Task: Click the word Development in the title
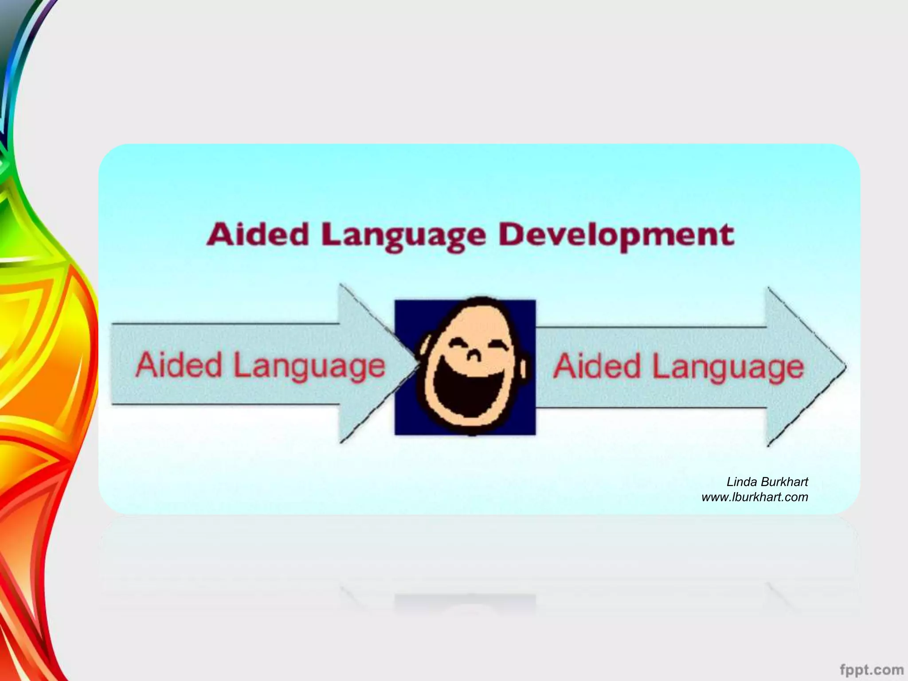click(x=616, y=235)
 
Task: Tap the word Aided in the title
click(x=258, y=235)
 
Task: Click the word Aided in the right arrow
click(x=597, y=367)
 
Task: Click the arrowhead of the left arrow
click(x=372, y=364)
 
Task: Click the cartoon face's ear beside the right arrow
click(x=524, y=368)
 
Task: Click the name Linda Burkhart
click(x=767, y=482)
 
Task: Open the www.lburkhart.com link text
click(x=755, y=497)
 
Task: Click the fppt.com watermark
click(x=871, y=669)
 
